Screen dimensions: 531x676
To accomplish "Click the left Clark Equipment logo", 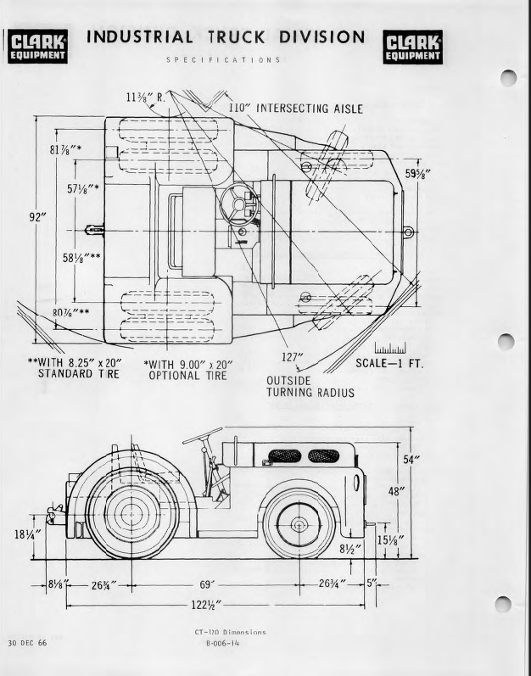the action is coord(37,47).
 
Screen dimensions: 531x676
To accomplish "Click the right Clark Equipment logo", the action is coord(412,47).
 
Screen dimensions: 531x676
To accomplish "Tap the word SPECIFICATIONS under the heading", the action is coord(224,60).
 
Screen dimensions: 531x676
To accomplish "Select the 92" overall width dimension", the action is coord(37,217).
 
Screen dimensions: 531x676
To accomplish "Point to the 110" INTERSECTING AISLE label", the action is coord(296,109).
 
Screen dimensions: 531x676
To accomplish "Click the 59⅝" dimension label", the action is coord(417,173).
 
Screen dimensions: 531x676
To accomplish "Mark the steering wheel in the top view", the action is coord(239,204).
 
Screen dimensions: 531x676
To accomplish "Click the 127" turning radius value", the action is coord(293,357).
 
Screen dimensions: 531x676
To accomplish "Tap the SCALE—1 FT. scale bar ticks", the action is coord(390,349).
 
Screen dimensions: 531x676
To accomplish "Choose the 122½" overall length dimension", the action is coord(207,605).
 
